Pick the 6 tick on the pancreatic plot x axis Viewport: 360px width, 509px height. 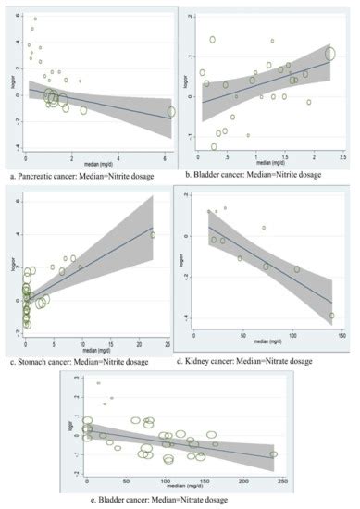coord(164,152)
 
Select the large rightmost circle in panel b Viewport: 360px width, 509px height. coord(329,53)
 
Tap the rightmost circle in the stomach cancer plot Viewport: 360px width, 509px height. coord(153,235)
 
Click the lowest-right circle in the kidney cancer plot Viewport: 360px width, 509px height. coord(331,316)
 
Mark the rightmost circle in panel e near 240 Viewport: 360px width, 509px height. coord(273,454)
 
